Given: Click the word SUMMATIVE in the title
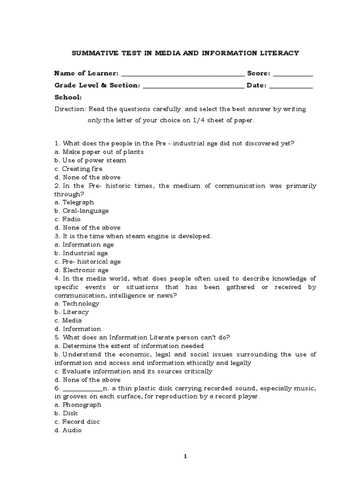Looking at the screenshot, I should pyautogui.click(x=93, y=53).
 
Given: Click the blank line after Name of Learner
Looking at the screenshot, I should pyautogui.click(x=182, y=74).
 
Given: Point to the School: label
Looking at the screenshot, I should pyautogui.click(x=68, y=97).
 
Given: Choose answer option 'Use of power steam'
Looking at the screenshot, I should pyautogui.click(x=89, y=160).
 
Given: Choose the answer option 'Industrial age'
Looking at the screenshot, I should pyautogui.click(x=81, y=253).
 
